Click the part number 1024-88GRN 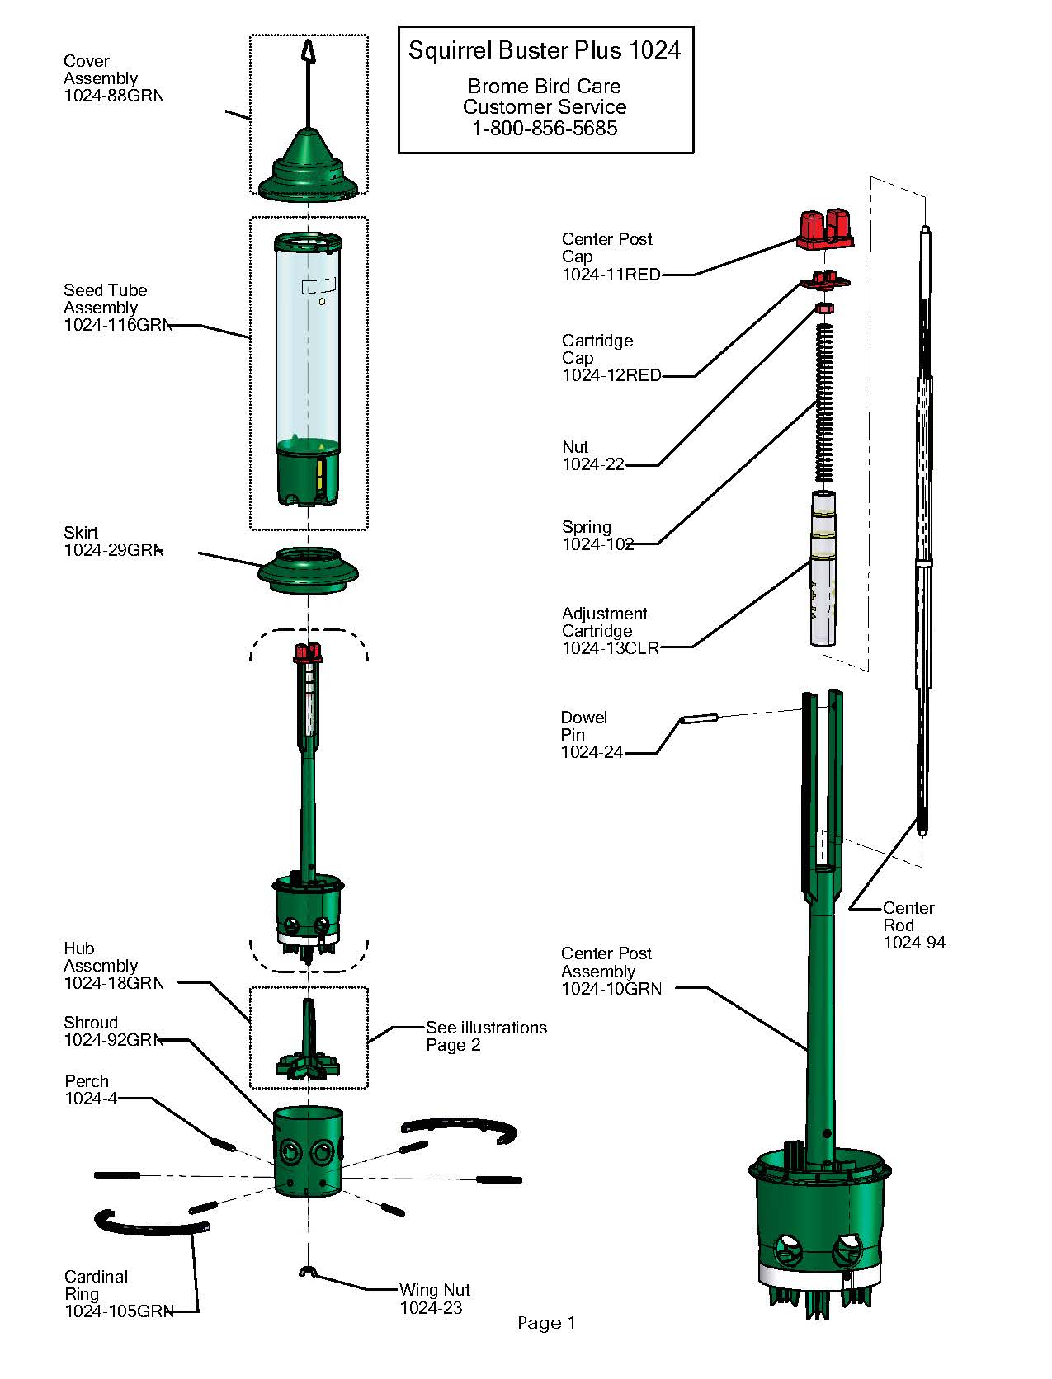coord(114,96)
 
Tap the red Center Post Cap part coord(824,229)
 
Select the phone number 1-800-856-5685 coord(545,128)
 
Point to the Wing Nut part coord(307,1272)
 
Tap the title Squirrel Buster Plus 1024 coord(545,50)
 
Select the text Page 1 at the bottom coord(546,1323)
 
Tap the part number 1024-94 coord(914,943)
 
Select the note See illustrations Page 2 coord(486,1036)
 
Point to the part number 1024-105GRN coord(119,1311)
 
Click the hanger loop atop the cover coord(309,51)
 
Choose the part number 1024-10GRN coord(611,988)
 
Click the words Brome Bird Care coord(545,86)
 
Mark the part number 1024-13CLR coord(611,648)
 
